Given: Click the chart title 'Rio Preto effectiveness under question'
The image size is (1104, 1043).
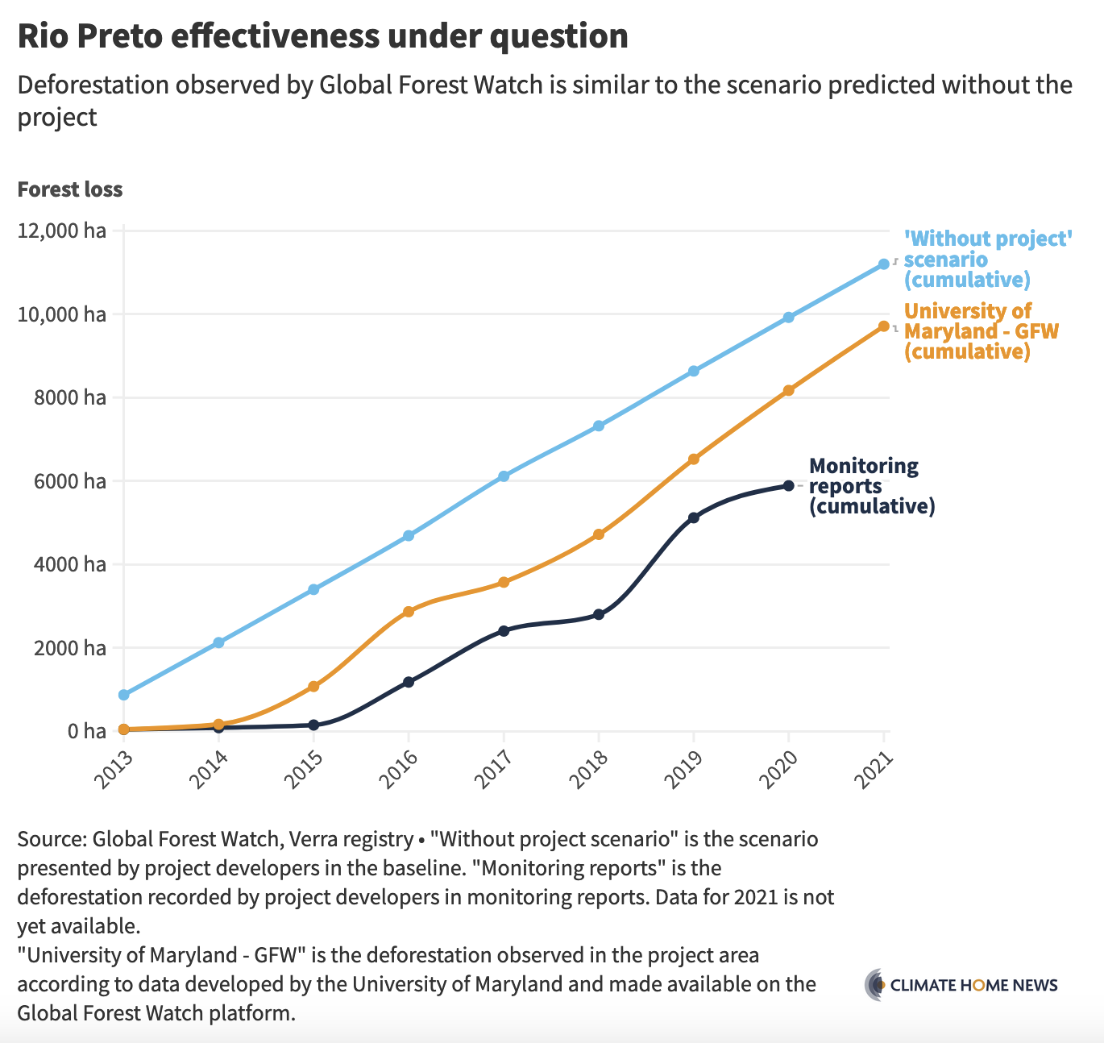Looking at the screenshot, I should pos(322,37).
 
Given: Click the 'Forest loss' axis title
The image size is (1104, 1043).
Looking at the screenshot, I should pos(70,189).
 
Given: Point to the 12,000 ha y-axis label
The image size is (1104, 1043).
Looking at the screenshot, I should pos(61,231).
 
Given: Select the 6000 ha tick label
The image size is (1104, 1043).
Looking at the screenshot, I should pos(68,481).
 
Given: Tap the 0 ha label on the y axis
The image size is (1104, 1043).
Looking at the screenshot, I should pos(86,731).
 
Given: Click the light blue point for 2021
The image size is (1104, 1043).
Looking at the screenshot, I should pos(884,264).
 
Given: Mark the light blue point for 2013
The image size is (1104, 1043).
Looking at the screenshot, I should pos(123,695).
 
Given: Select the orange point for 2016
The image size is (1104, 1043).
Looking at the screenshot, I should pos(409,612).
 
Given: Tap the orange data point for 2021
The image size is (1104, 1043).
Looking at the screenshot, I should pos(884,326).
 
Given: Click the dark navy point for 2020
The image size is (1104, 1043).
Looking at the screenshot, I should pos(789,485).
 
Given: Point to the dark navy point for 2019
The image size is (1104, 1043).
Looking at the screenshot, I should pos(694,517).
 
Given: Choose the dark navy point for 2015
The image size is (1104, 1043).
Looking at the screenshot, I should pos(313,725).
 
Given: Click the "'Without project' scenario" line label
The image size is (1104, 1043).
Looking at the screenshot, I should pos(987,260).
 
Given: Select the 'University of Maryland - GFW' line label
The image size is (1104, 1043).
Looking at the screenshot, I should pos(981,331).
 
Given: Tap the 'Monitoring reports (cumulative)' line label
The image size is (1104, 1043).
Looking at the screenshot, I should pos(871,486).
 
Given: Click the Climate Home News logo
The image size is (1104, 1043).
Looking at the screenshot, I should pos(961,985).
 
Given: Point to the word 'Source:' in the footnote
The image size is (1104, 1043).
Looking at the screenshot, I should pos(52,839).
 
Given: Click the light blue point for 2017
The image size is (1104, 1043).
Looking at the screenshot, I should pos(504,476).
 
